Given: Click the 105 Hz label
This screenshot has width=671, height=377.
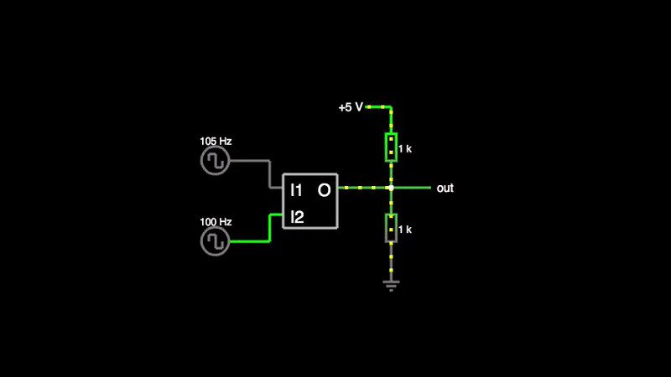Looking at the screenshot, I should point(216,141).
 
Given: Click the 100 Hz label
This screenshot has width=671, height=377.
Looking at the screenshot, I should point(216,222).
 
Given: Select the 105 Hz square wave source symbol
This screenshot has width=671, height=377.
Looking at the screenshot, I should point(216,161).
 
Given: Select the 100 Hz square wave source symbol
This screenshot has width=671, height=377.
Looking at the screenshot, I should point(216,242).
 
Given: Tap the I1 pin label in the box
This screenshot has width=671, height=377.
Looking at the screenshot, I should point(296,191).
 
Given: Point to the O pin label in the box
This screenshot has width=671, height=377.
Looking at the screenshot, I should point(324,191).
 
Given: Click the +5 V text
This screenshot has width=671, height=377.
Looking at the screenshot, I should point(351,107).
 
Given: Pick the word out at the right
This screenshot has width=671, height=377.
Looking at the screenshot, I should point(445,188).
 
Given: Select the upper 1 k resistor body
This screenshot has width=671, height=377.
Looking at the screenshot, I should point(391,147).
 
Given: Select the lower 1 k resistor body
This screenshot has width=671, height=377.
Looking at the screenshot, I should point(391,228).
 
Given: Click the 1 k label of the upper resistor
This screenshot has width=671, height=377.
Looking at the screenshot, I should point(405,148).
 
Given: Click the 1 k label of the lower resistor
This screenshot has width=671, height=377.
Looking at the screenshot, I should point(405,230).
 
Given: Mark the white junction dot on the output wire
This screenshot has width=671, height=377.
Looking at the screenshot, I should point(391,188).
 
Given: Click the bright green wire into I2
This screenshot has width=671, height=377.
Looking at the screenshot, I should point(252,242).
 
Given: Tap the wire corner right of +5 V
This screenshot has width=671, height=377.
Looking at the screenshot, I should point(391,107).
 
